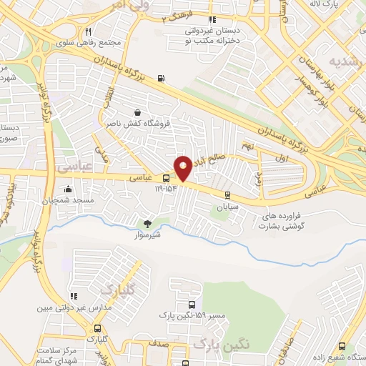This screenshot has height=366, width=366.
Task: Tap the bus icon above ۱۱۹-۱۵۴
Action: (167, 178)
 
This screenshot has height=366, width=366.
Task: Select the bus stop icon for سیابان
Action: (227, 194)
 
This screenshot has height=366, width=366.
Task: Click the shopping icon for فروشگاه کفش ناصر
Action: (137, 112)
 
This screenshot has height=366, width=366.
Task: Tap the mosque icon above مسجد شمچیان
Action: (68, 190)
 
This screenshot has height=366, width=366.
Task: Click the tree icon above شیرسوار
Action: (148, 224)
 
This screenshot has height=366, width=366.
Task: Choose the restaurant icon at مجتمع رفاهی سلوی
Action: (88, 31)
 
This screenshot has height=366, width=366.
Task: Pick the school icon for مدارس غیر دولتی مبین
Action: (72, 296)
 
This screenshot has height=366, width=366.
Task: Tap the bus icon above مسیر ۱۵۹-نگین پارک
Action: (180, 303)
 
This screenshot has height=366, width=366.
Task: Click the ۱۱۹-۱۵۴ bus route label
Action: (167, 190)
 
